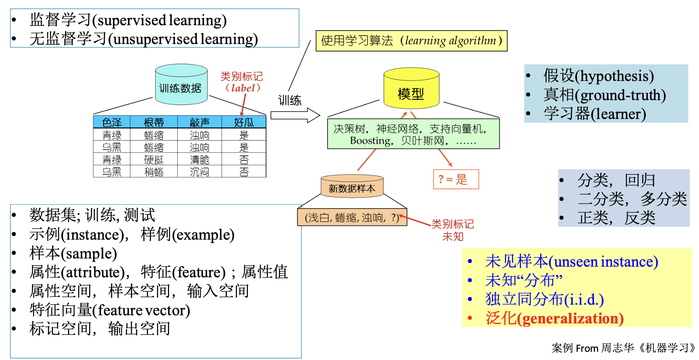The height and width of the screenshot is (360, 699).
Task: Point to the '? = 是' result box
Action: click(456, 179)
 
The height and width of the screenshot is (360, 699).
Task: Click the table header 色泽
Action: click(112, 122)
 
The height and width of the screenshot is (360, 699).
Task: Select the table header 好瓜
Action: click(244, 122)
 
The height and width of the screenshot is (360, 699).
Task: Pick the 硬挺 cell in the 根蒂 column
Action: click(154, 159)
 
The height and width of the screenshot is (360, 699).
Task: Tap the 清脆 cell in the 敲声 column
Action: click(200, 159)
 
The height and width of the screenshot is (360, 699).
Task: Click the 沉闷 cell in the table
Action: click(200, 172)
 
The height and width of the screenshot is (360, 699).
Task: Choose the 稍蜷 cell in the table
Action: click(154, 172)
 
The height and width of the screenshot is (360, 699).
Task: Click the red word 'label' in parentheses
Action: click(243, 88)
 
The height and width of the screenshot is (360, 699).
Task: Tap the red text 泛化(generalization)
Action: click(554, 318)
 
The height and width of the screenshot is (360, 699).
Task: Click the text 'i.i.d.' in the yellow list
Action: click(584, 300)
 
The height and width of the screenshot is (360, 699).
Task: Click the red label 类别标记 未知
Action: click(453, 230)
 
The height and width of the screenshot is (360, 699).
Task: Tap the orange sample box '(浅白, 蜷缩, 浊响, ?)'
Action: click(352, 217)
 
